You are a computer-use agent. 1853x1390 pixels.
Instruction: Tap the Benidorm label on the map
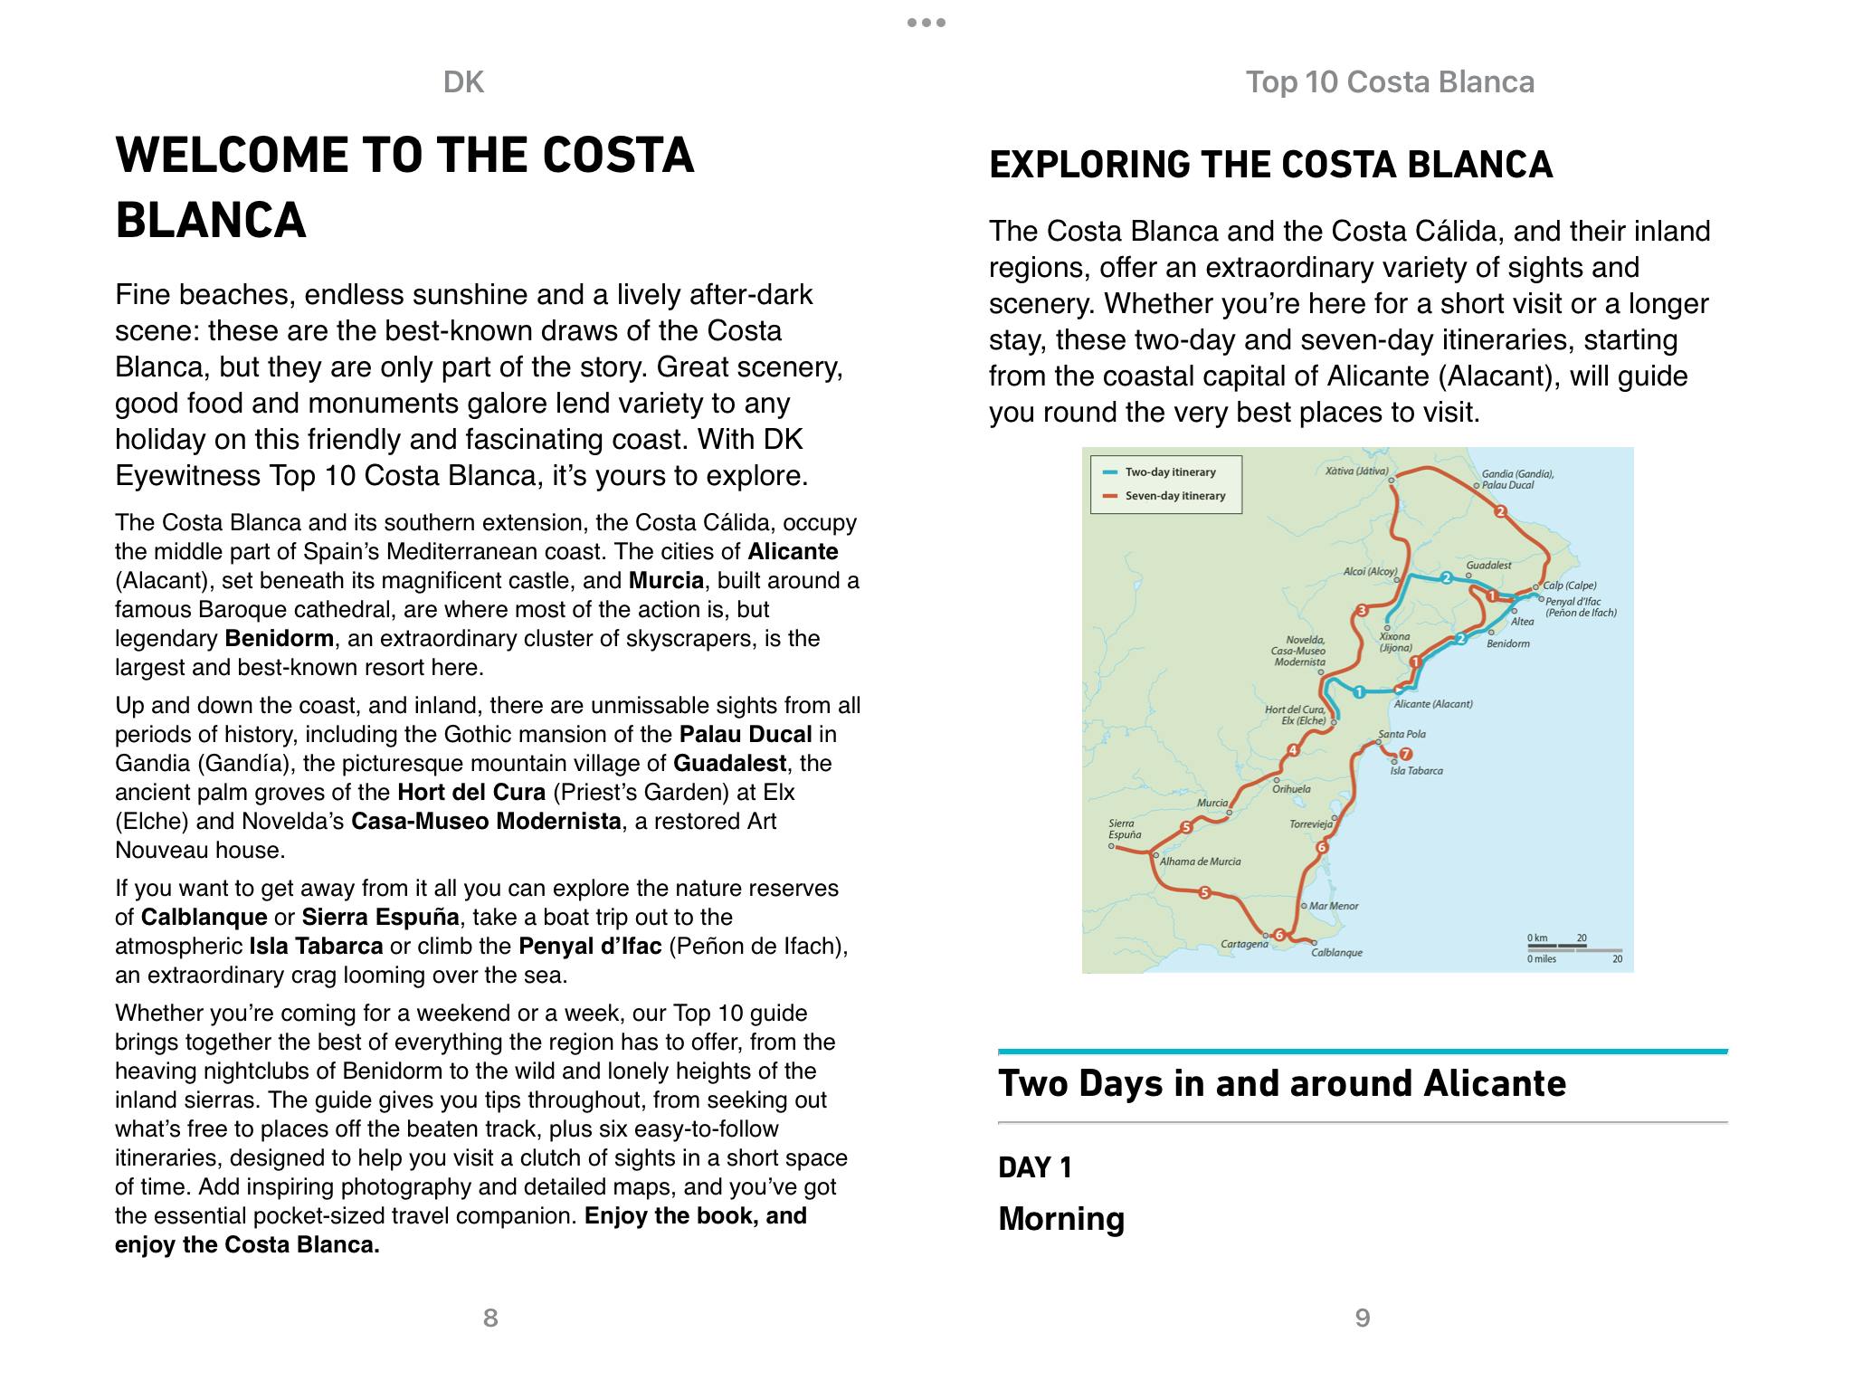pos(1507,644)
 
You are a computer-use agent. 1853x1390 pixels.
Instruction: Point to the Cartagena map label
pos(1244,945)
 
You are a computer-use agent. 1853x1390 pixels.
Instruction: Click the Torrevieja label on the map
pos(1310,824)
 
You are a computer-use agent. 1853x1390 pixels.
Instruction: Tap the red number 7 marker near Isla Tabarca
pos(1405,754)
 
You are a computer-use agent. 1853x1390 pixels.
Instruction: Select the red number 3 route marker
pos(1362,611)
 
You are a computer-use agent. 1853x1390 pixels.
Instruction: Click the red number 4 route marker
pos(1293,750)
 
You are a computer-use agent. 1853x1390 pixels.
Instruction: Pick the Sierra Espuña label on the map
pos(1124,829)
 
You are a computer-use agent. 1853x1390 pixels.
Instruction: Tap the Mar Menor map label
pos(1333,906)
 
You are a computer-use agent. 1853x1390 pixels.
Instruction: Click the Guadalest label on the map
pos(1488,566)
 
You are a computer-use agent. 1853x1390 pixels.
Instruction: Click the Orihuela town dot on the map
pos(1277,780)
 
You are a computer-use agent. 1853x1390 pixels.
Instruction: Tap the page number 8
pos(490,1318)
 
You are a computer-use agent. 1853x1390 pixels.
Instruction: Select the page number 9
pos(1363,1318)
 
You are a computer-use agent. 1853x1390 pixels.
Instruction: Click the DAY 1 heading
pos(1035,1168)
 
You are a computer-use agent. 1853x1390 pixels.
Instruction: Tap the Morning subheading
pos(1061,1219)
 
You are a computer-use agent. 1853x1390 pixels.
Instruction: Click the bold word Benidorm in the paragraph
pos(279,639)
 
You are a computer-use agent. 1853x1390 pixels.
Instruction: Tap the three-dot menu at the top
pos(926,23)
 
